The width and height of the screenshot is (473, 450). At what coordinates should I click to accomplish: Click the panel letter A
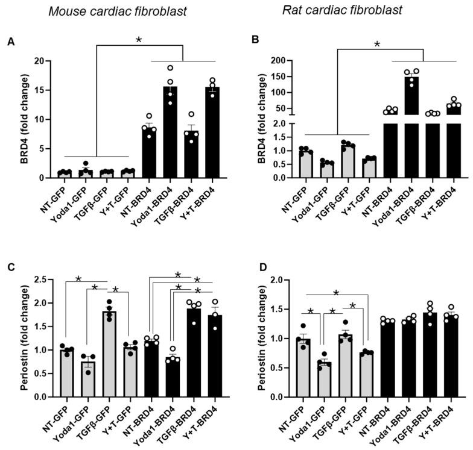[x=10, y=42]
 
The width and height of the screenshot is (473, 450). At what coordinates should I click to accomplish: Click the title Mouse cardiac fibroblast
[x=100, y=11]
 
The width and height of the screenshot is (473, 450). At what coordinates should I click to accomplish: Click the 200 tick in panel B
[x=278, y=61]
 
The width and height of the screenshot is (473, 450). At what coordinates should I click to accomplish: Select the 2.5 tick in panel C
[x=40, y=280]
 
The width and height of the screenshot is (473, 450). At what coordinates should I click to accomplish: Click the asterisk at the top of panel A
[x=138, y=40]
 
